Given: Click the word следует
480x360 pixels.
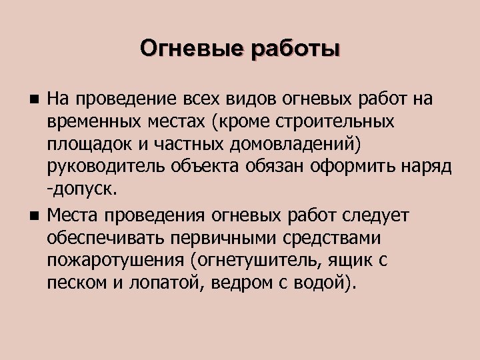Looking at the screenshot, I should (x=378, y=216).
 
